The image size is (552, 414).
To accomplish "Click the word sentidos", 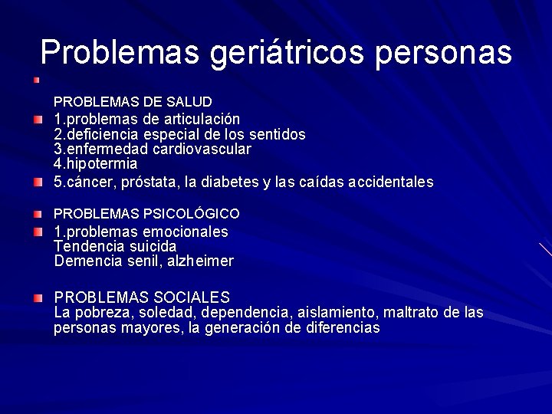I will [x=275, y=134].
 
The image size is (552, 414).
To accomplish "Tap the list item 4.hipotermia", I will [x=96, y=164].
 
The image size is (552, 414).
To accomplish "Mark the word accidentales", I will [x=390, y=182].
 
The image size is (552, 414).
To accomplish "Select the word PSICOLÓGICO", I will [x=197, y=214].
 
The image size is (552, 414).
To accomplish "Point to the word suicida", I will [x=151, y=246].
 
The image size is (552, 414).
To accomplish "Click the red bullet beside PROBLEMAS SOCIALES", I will [x=38, y=297].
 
